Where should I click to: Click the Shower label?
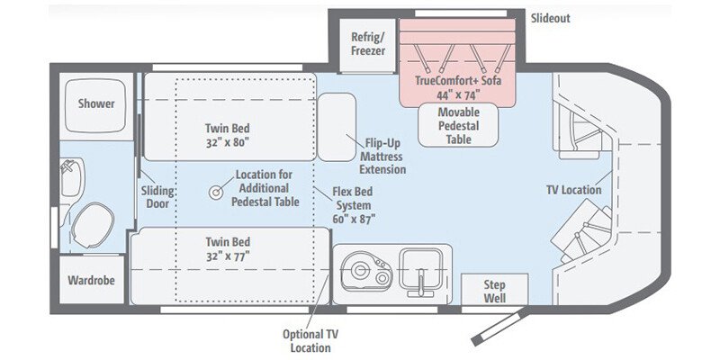(95, 103)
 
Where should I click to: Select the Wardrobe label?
(91, 280)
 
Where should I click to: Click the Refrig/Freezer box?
(367, 44)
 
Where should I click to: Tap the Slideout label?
(550, 18)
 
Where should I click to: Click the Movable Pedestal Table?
(459, 125)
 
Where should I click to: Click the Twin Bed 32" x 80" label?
(227, 135)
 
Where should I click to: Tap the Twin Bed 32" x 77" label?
(227, 249)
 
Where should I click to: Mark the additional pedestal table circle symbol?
(217, 192)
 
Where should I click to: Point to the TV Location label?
(573, 190)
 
